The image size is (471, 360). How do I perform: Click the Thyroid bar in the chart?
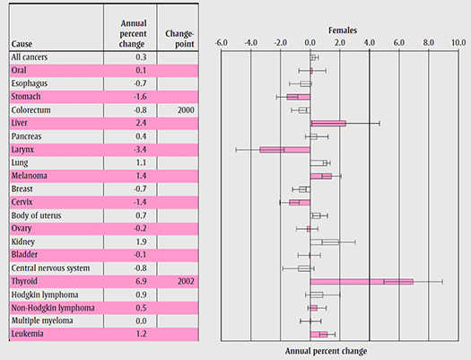362,282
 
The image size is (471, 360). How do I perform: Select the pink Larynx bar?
285,150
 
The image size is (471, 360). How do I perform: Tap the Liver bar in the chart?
327,123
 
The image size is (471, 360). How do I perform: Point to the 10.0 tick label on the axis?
458,42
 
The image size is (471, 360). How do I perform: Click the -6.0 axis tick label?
222,42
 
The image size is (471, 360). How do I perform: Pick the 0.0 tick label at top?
310,42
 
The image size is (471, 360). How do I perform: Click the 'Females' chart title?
340,29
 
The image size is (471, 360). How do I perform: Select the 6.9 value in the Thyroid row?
140,282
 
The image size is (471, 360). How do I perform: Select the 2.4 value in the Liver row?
140,123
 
